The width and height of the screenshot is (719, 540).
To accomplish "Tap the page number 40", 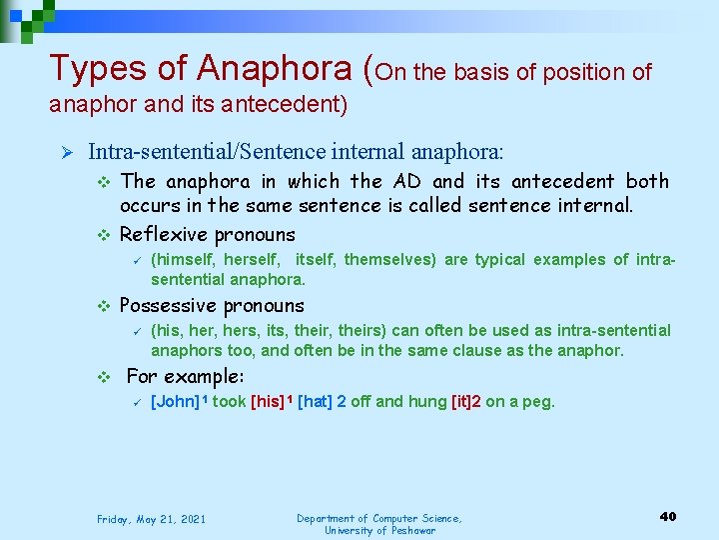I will coord(668,516).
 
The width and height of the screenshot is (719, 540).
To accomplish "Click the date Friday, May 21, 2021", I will coord(151,519).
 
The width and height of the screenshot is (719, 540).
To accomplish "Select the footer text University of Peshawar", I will coord(379,530).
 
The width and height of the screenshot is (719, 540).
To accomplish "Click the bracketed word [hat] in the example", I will coord(316,402).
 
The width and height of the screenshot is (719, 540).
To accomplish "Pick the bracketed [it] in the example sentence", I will coord(465,402).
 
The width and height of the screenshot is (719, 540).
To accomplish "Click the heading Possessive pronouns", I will coord(212,306).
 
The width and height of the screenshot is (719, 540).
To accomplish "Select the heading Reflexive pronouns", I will coord(208,235).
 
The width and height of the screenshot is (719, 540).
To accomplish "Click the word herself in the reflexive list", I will coord(252,260).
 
